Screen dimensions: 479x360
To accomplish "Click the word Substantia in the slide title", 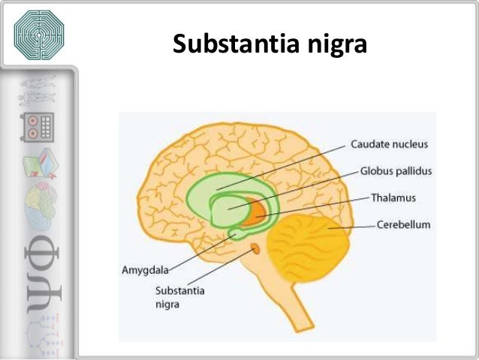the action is tap(230, 46).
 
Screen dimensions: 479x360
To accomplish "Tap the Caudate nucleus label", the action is tap(386, 143).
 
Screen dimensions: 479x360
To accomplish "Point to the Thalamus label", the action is tap(393, 198).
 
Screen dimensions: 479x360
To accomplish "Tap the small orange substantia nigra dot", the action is tap(255, 247).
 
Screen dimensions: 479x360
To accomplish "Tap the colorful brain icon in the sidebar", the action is tap(38, 198).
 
